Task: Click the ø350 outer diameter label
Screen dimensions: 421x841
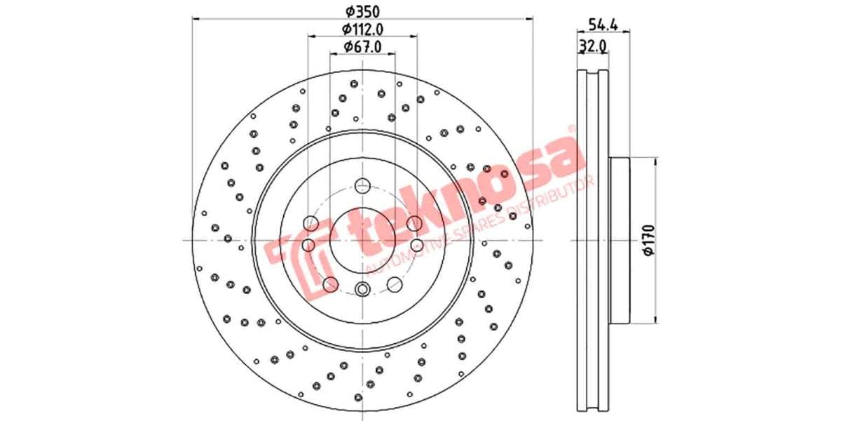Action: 362,11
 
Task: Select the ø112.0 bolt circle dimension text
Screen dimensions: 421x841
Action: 362,29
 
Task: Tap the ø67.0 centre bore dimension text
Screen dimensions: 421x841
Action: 362,47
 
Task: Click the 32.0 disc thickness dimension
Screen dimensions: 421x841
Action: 592,46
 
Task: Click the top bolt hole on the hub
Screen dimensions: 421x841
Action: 362,186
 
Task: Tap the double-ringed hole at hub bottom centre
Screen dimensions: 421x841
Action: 362,290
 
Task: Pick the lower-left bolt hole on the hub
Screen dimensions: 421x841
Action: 330,284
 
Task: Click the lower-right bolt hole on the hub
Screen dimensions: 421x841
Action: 395,284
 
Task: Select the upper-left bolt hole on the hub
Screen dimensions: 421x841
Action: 310,224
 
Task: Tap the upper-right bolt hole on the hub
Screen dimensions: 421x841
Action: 413,224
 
